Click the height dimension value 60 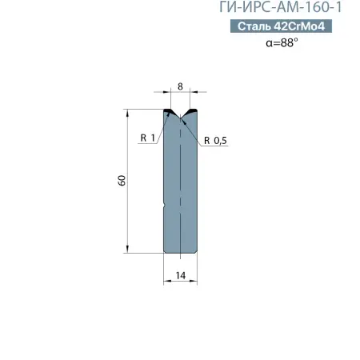tap(121, 182)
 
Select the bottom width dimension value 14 tap(180, 276)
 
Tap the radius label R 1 tap(146, 138)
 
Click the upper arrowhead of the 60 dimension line tap(127, 113)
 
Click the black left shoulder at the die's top tap(169, 111)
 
